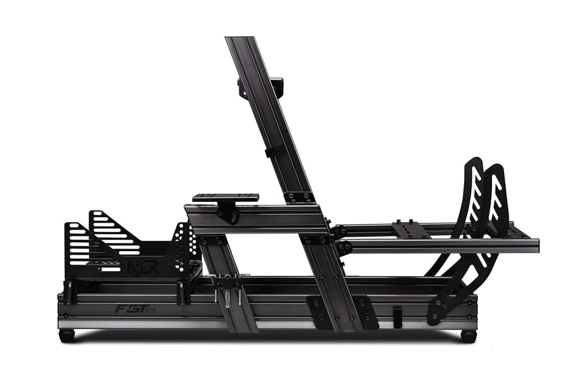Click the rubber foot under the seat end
click(x=67, y=336)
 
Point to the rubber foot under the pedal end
click(x=469, y=336)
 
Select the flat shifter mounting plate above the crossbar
click(x=225, y=198)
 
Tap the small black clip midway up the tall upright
click(x=274, y=151)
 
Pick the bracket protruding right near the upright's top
click(x=277, y=86)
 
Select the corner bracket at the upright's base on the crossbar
click(x=299, y=197)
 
